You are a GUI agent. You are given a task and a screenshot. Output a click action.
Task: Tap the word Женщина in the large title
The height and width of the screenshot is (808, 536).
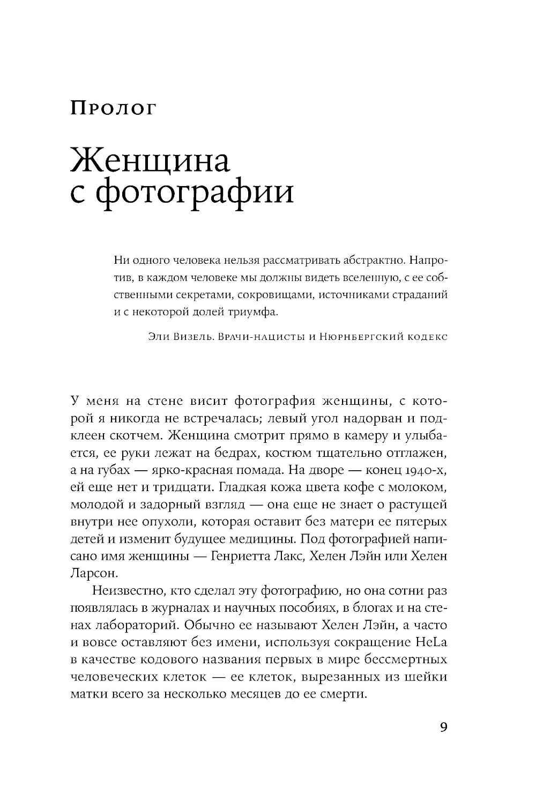click(150, 160)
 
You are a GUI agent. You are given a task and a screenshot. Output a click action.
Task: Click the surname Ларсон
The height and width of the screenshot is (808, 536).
click(93, 573)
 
